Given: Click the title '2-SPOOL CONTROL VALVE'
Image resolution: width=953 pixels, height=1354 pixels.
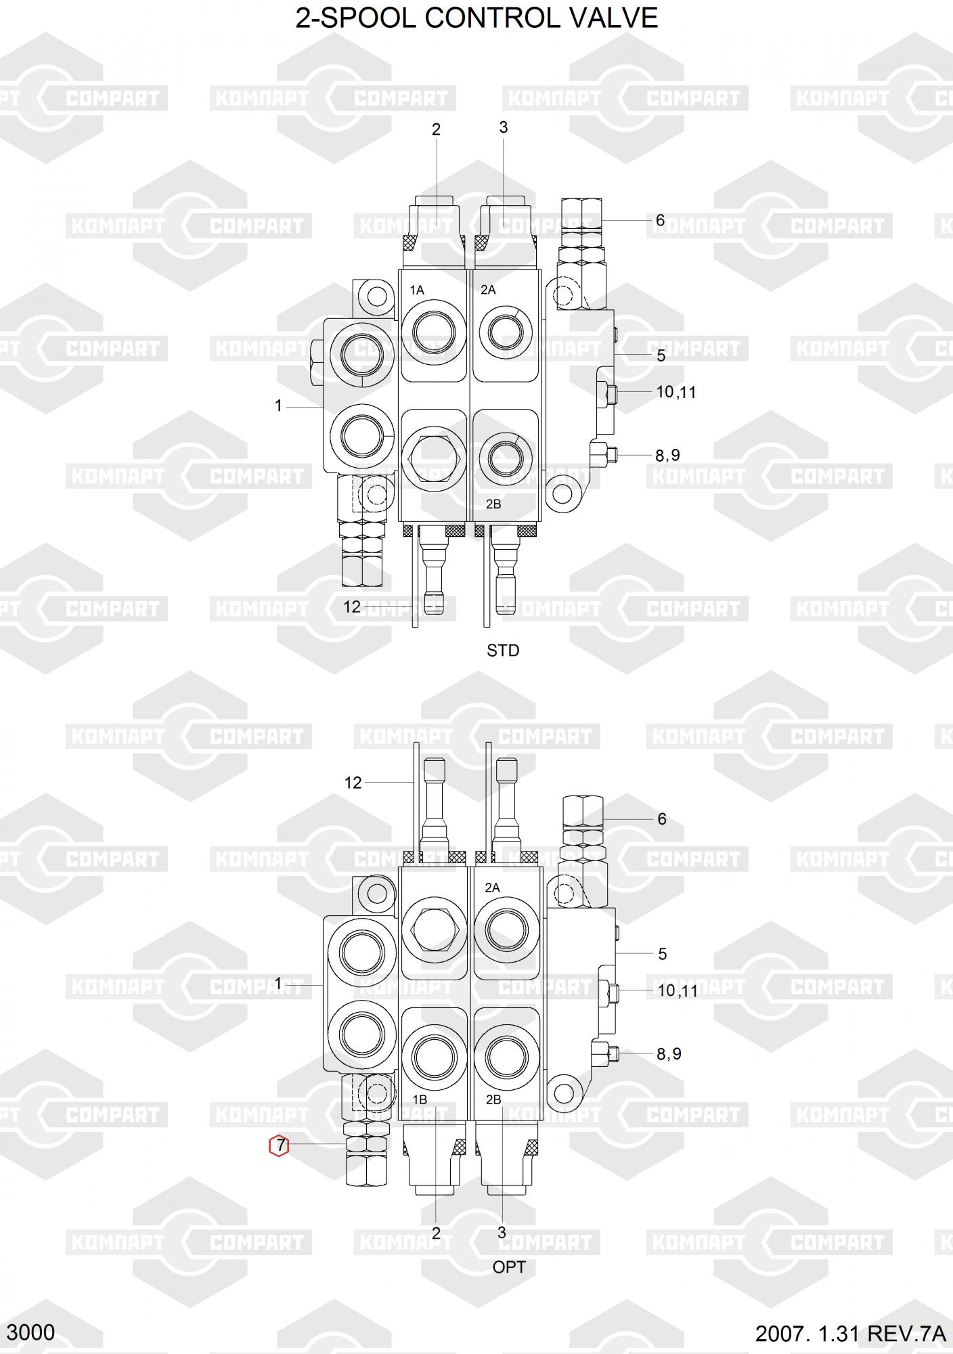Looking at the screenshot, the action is tap(476, 18).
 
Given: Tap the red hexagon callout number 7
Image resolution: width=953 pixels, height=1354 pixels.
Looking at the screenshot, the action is tap(279, 1146).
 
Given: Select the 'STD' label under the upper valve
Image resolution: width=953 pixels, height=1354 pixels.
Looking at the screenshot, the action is tap(503, 651).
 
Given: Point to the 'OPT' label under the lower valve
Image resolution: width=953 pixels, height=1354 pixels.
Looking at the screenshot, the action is tap(509, 1267).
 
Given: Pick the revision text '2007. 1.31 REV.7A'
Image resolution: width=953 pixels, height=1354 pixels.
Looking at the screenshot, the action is tap(850, 1334).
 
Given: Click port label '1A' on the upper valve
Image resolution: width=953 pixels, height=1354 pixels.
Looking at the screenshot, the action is tap(417, 290).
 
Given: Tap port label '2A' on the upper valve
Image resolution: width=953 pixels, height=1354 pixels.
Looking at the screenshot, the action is tap(488, 290).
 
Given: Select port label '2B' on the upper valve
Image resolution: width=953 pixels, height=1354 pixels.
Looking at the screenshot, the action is tap(493, 504).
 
